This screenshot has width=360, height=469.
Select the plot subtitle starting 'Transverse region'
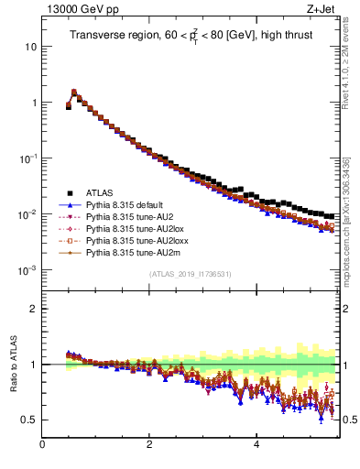click(x=194, y=36)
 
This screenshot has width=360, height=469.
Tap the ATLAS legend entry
click(x=102, y=192)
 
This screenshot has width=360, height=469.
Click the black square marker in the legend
click(x=69, y=192)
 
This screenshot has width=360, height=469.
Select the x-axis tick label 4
click(x=256, y=446)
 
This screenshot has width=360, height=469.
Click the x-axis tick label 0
click(x=42, y=446)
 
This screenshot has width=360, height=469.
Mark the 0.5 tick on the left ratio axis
click(x=28, y=420)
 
